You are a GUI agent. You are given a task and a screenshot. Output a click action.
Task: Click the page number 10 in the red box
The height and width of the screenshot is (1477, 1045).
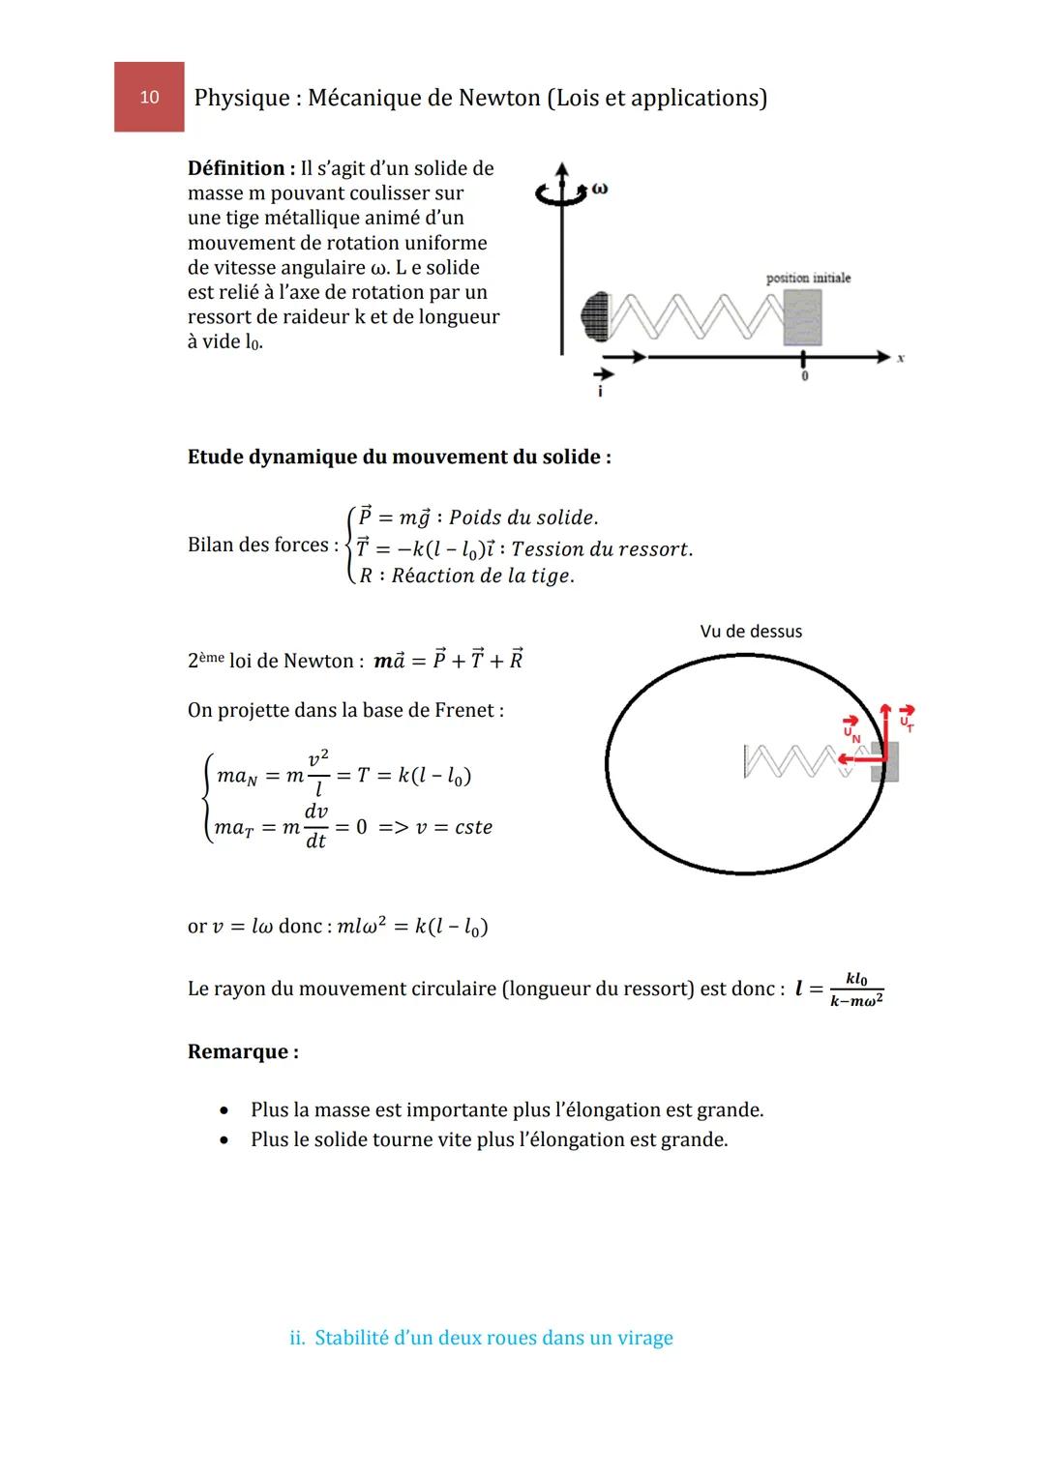pos(149,97)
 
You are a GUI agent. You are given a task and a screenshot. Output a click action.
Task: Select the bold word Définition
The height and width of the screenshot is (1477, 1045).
pos(235,168)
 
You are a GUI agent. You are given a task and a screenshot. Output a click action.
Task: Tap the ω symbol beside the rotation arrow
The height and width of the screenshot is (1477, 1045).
pos(600,189)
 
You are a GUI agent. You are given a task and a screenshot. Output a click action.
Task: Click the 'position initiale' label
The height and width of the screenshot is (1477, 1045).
pos(808,278)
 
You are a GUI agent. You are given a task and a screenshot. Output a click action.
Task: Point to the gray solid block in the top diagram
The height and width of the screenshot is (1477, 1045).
pos(802,317)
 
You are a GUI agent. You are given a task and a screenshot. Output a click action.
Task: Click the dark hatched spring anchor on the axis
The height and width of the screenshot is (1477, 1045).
pos(595,316)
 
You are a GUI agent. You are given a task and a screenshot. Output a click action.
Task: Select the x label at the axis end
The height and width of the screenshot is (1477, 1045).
pos(900,358)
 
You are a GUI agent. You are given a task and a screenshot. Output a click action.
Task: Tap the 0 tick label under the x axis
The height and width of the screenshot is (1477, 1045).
pos(804,376)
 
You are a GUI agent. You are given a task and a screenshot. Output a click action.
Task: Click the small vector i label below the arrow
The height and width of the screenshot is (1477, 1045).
pos(600,392)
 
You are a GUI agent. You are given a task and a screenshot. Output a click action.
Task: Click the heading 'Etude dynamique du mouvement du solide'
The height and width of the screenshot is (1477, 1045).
pos(399,457)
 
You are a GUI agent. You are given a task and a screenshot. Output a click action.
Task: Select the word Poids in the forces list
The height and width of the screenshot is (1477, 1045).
pos(476,517)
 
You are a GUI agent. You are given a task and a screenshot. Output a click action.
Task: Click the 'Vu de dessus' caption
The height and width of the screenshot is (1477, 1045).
pos(751,632)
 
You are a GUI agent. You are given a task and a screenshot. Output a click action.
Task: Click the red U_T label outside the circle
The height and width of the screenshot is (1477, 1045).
pos(907,721)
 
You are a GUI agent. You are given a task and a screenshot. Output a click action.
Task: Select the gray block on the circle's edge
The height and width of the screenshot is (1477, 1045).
pos(885,761)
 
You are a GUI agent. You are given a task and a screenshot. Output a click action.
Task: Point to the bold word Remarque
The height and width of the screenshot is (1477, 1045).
pos(242,1051)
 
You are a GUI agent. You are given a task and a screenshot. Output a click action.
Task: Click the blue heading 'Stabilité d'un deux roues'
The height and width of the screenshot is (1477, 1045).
pos(481,1338)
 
